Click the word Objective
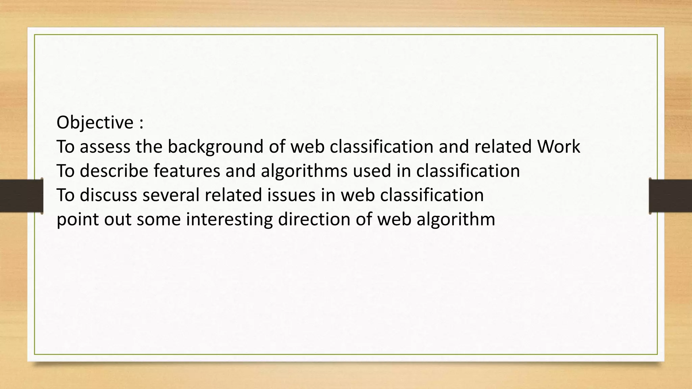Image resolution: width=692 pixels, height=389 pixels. point(95,123)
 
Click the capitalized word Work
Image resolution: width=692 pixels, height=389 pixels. point(559,147)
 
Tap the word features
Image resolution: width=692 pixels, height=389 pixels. point(187,171)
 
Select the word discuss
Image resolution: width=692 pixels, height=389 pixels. point(108,195)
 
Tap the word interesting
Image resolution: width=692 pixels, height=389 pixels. point(229,219)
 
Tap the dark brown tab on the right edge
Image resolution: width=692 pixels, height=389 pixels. point(670,196)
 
